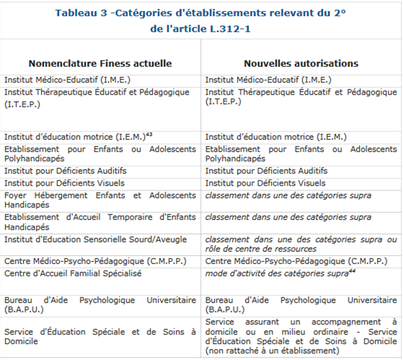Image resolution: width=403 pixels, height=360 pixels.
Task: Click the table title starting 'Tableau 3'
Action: [201, 13]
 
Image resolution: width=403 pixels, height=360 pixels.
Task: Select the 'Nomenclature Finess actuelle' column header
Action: [100, 63]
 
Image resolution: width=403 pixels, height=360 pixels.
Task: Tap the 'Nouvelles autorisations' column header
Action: [301, 63]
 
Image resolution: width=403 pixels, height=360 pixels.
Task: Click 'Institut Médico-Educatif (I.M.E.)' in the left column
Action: [66, 80]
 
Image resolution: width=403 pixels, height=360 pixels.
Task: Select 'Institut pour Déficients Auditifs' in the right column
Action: [266, 171]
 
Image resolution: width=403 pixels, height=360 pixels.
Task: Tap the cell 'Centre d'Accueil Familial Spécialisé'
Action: [73, 273]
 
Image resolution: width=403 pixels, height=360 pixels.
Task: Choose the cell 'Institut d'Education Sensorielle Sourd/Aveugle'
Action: [95, 239]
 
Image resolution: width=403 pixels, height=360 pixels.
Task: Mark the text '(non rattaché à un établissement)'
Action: [272, 351]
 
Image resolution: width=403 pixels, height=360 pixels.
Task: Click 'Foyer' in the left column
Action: [16, 195]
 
